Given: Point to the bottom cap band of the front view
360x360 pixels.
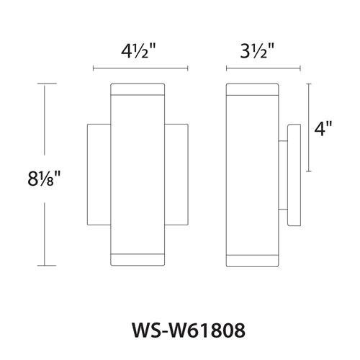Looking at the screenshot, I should (138, 258).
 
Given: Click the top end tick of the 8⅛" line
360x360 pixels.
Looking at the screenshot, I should (46, 84).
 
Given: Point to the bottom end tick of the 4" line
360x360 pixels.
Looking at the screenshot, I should (310, 172).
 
